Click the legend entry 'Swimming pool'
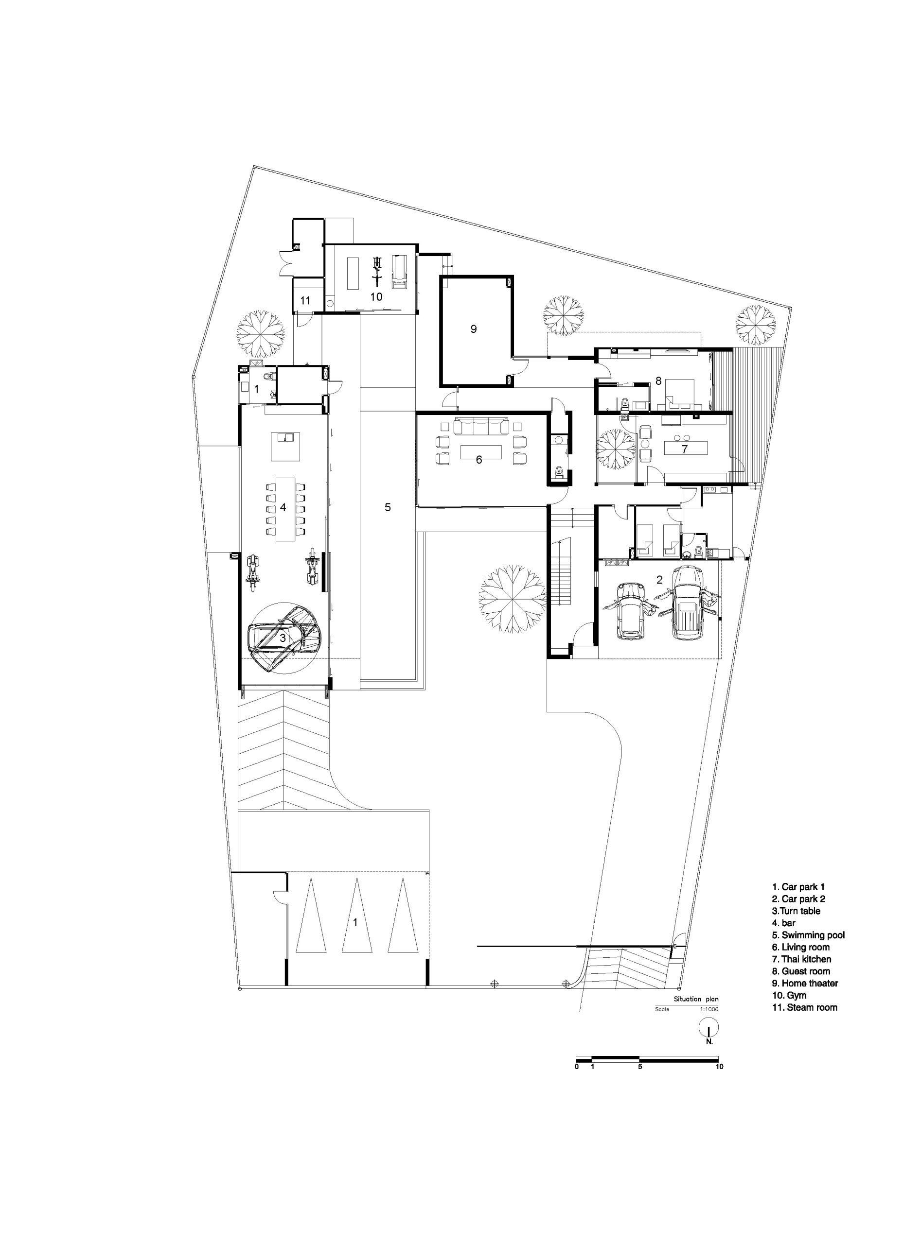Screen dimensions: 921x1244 point(808,935)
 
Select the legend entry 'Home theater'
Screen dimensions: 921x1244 point(805,983)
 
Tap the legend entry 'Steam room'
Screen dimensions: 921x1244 point(804,1007)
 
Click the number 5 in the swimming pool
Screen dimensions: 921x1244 point(388,507)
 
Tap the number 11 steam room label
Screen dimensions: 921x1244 point(305,301)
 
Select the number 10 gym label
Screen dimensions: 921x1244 point(376,296)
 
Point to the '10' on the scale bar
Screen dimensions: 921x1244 point(719,1066)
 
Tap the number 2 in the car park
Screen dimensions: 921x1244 point(659,580)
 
